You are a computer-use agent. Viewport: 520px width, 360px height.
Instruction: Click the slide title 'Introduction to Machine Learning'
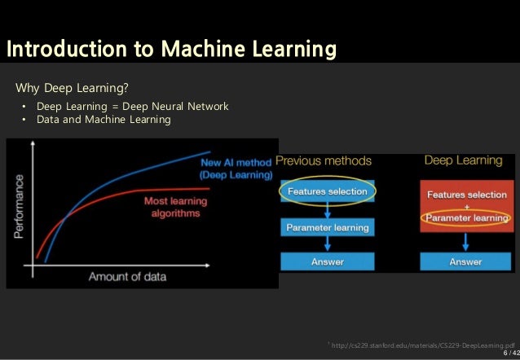(171, 50)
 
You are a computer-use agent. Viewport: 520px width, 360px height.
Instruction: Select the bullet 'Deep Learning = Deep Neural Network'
(133, 107)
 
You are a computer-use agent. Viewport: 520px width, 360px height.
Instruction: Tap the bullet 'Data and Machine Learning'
(104, 120)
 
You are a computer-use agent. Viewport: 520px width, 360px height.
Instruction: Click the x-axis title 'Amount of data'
(127, 276)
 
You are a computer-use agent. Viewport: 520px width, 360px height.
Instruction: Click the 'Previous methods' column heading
(324, 160)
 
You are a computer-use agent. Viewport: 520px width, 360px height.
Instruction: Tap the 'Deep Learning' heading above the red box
(463, 160)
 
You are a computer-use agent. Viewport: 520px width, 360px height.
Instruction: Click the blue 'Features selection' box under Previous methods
(328, 191)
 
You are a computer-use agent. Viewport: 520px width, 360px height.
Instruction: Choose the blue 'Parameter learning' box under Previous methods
(328, 227)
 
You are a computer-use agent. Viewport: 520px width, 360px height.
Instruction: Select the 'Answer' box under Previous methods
(328, 261)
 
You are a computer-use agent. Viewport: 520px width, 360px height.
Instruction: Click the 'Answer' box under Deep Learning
(466, 261)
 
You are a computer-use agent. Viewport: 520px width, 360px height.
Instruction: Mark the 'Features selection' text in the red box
(466, 195)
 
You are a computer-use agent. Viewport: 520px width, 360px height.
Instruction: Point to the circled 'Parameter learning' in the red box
(466, 218)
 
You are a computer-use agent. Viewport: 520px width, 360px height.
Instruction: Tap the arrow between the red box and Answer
(466, 242)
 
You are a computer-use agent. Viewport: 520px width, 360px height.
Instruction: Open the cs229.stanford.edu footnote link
(421, 345)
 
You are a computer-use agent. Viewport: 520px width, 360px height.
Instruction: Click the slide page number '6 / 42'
(510, 352)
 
